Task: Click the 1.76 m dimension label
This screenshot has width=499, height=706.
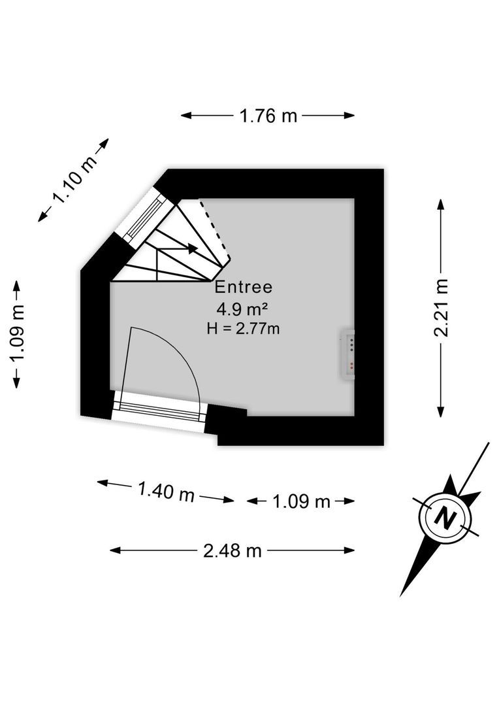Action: [268, 116]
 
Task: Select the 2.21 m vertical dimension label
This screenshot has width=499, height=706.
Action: [442, 307]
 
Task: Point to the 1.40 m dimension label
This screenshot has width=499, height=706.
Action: [166, 491]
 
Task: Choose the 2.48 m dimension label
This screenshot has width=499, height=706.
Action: [232, 550]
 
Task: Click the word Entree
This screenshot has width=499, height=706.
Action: [244, 287]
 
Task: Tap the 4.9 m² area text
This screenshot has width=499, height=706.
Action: [242, 309]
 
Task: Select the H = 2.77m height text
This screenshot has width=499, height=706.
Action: [243, 329]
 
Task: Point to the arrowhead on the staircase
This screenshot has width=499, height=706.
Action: [193, 248]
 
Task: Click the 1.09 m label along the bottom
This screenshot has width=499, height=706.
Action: [301, 501]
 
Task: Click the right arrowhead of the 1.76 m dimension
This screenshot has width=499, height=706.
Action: [349, 115]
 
